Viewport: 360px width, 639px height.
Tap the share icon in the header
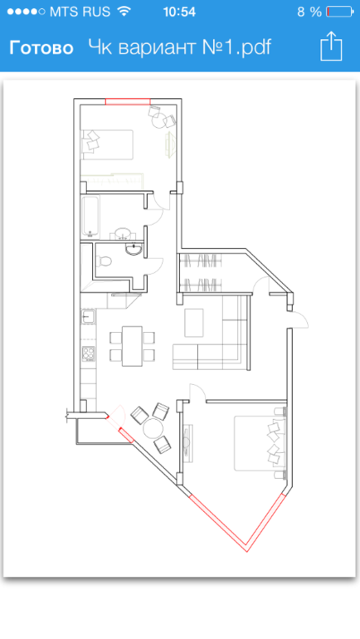point(331,46)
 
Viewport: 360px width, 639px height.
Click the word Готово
point(41,48)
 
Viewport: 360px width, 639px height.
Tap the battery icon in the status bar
point(339,12)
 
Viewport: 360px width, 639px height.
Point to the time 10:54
point(179,12)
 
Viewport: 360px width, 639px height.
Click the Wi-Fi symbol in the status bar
point(124,11)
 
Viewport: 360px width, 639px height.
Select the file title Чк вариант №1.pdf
point(180,47)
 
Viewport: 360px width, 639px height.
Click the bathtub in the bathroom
point(90,217)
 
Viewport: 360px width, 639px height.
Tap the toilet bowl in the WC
point(103,261)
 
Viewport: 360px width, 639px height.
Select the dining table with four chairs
point(133,346)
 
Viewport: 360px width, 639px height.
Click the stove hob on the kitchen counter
point(89,354)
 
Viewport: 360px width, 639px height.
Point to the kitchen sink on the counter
point(89,317)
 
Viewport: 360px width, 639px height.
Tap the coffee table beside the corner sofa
point(194,322)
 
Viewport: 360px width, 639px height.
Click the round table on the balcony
point(153,428)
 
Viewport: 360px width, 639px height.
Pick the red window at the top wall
point(128,101)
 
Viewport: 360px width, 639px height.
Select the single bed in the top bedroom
point(107,144)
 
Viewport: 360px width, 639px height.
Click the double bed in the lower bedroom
point(260,443)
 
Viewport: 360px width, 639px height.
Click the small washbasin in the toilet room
point(134,249)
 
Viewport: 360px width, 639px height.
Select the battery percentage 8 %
point(309,12)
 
